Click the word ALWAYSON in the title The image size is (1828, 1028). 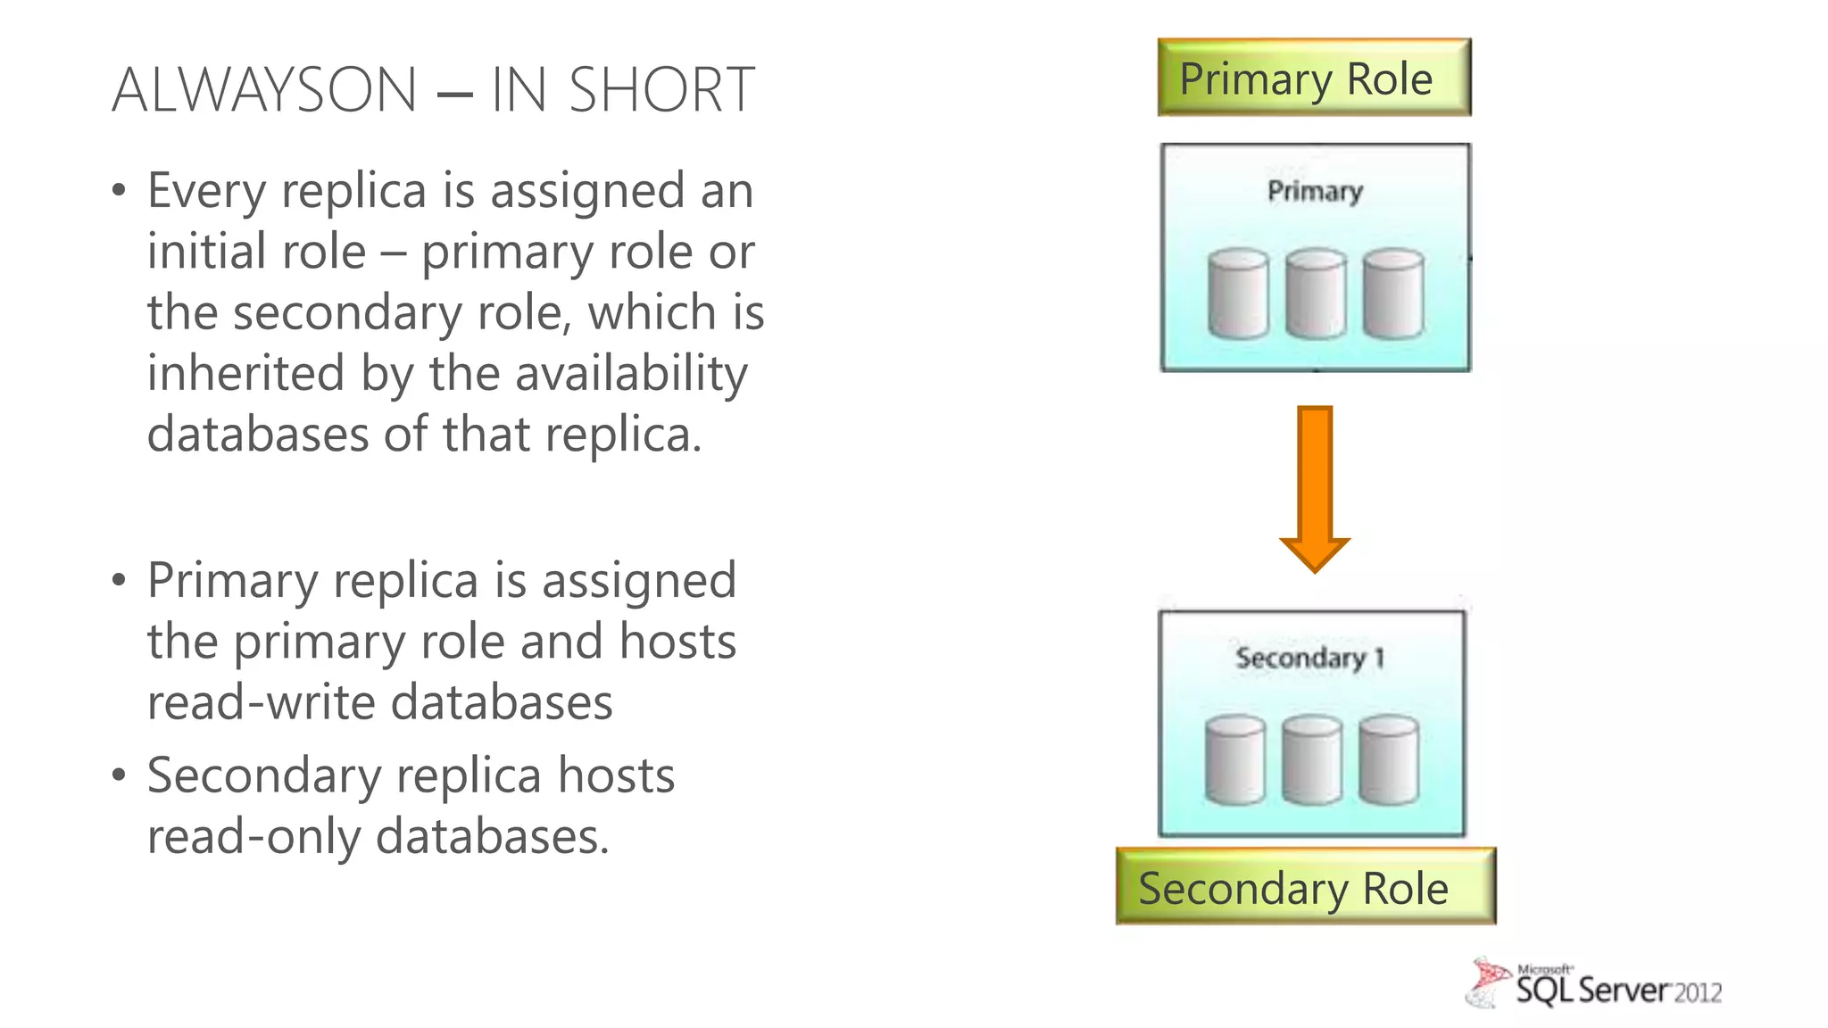coord(264,90)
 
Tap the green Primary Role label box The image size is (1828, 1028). coord(1313,78)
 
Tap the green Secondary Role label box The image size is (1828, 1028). coord(1305,887)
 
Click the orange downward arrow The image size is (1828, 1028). coord(1315,486)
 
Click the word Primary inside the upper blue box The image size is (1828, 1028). coord(1315,191)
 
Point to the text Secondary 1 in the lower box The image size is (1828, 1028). coord(1309,659)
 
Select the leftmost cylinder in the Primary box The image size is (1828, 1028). coord(1238,294)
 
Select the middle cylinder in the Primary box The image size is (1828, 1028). coord(1316,294)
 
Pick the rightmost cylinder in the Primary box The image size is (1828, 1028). coord(1393,294)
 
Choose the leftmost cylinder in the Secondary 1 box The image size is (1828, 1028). coord(1234,760)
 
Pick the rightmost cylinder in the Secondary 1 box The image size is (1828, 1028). coord(1389,760)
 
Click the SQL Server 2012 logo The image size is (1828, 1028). coord(1595,984)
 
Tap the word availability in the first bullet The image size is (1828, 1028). coord(631,373)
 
